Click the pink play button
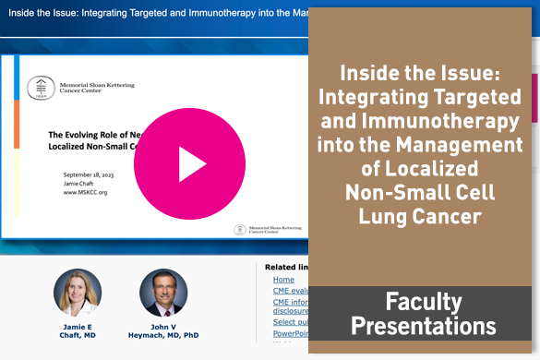click(x=189, y=163)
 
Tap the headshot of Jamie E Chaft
click(x=78, y=293)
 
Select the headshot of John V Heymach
click(x=163, y=293)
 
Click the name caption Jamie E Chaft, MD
click(x=78, y=330)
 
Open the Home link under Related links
click(x=283, y=279)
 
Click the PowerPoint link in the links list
click(x=290, y=333)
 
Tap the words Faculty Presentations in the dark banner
click(x=424, y=315)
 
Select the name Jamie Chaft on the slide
click(x=83, y=184)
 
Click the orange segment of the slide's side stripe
click(x=16, y=124)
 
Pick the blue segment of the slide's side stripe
click(x=16, y=78)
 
